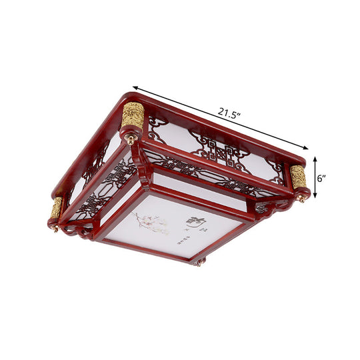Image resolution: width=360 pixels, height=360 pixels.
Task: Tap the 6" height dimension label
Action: [x=321, y=179]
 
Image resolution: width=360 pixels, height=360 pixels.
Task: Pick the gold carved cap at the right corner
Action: [x=298, y=177]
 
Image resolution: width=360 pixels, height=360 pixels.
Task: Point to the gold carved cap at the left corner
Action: [x=57, y=208]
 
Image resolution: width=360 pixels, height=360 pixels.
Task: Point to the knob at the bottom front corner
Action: [x=199, y=261]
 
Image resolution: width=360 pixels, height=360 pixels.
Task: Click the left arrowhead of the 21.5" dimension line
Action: [x=135, y=87]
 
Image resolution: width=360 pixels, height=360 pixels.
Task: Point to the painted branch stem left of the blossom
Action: [x=140, y=217]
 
